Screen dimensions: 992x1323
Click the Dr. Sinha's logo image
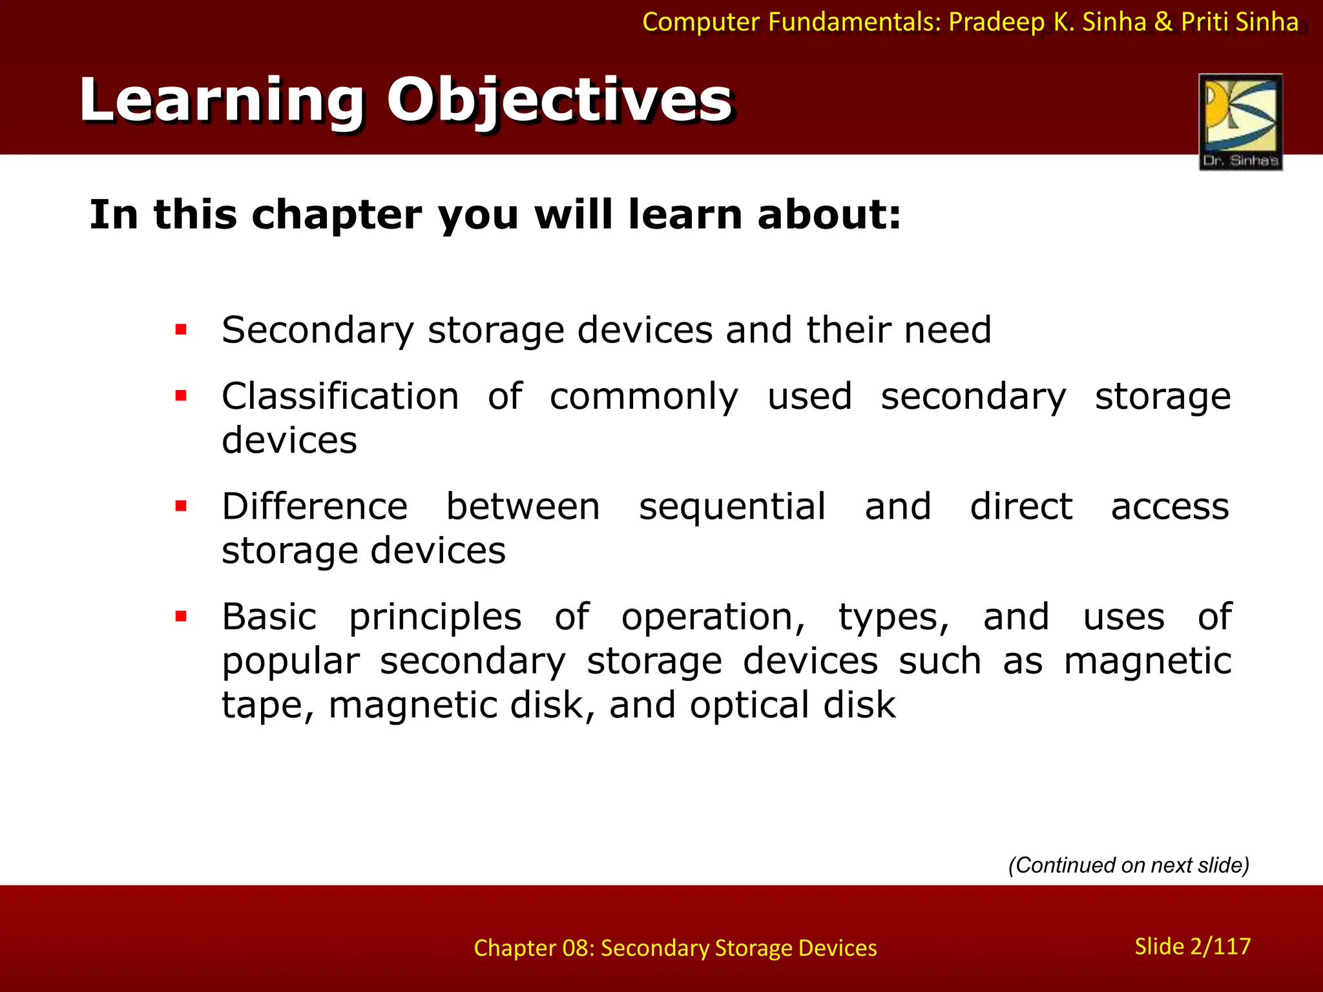tap(1240, 121)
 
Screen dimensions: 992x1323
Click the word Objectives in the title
tap(559, 101)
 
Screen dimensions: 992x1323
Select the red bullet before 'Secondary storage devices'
tap(181, 330)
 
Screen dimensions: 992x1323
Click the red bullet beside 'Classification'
tap(181, 396)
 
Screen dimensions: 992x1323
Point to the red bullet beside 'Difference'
tap(181, 506)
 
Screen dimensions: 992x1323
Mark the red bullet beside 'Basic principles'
tap(181, 616)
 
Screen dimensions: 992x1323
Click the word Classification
tap(340, 396)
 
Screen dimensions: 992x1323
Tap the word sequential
tap(732, 506)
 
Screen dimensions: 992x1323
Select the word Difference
tap(315, 506)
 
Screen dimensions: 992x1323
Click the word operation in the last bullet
tap(713, 617)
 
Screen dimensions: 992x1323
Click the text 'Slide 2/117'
tap(1193, 946)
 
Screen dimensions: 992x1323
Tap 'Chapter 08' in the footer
tap(532, 948)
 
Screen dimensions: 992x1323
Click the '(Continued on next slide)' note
tap(1129, 865)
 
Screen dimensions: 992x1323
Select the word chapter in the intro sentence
tap(336, 215)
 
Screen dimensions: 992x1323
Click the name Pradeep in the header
tap(996, 22)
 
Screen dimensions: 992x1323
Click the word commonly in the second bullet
tap(643, 396)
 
